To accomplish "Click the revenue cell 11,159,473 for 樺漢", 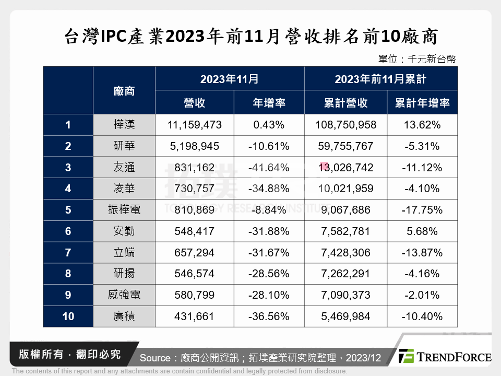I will (x=195, y=125).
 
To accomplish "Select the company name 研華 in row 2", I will (x=124, y=146).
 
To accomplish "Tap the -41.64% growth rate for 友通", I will (x=269, y=168).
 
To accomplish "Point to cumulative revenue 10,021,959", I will (x=345, y=189).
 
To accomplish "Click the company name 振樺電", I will (x=124, y=210).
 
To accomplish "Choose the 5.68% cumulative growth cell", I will (x=422, y=231).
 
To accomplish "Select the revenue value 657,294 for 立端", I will (x=195, y=253).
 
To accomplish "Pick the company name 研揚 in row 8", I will (x=124, y=274).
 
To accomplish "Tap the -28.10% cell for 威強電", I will (x=269, y=295).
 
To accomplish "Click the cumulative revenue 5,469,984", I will (x=345, y=316).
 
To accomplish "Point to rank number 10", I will (x=68, y=316).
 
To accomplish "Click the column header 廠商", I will (x=124, y=91).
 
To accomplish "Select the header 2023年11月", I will (x=230, y=79).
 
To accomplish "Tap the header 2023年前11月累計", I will (x=380, y=79).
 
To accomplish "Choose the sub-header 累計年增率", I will (x=422, y=103).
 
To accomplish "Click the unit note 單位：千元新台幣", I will (x=417, y=59).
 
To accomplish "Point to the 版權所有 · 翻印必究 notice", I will (x=69, y=354).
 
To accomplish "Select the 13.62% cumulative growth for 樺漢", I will (x=422, y=125).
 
